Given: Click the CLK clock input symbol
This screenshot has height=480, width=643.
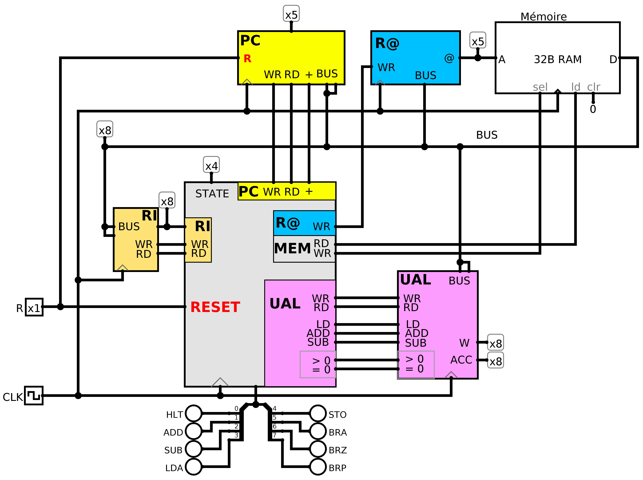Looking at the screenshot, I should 34,395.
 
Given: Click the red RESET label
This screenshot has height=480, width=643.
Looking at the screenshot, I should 215,307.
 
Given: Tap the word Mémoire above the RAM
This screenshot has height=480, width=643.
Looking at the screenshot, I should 543,17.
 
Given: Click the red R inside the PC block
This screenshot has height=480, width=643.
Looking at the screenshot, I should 247,59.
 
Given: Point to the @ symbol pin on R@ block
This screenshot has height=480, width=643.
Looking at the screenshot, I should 449,58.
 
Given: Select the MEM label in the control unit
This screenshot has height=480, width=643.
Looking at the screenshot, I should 292,248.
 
